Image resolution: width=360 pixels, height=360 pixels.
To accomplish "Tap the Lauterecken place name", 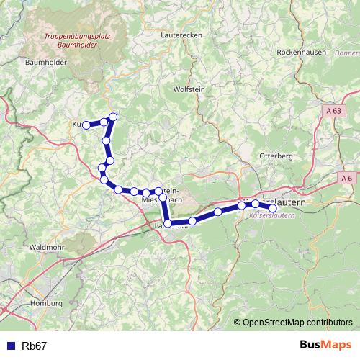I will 182,34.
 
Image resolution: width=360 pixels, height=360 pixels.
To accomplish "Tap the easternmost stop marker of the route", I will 272,208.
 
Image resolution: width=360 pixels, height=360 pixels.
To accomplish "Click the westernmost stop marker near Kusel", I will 86,125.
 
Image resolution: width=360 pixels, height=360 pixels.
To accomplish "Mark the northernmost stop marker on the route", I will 113,117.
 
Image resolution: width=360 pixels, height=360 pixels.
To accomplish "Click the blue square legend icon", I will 9,346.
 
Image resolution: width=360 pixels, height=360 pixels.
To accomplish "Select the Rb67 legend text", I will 35,346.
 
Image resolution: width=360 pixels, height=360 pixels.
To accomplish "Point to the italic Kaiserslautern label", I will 271,215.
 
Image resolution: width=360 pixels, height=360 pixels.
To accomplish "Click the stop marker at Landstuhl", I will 168,224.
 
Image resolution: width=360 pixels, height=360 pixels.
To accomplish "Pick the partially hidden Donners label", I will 347,53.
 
